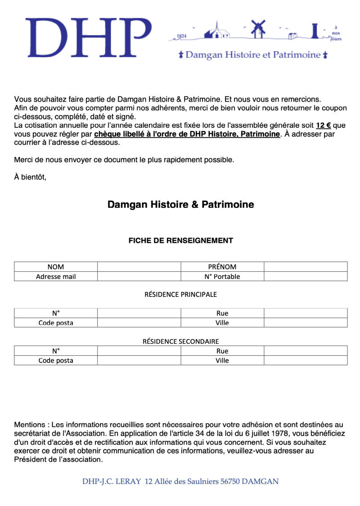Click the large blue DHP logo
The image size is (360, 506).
[x=88, y=38]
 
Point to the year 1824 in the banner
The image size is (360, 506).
[x=182, y=36]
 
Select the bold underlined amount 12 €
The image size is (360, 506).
[x=323, y=125]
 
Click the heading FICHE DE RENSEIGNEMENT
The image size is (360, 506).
[x=180, y=241]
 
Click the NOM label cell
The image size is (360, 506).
[x=56, y=267]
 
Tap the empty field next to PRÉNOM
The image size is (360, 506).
[x=306, y=267]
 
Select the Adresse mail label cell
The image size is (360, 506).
[x=56, y=277]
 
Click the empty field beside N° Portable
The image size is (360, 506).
[x=306, y=277]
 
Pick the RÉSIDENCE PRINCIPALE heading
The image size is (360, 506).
[x=180, y=295]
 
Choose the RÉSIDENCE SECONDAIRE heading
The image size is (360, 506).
[x=180, y=341]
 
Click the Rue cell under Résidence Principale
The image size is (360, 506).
[x=222, y=313]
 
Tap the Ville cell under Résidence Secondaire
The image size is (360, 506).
[x=222, y=360]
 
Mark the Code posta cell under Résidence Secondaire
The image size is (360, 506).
[x=56, y=360]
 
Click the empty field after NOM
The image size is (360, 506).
[x=139, y=267]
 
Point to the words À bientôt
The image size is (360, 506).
[x=30, y=177]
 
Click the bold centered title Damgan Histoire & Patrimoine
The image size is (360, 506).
[x=180, y=205]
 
